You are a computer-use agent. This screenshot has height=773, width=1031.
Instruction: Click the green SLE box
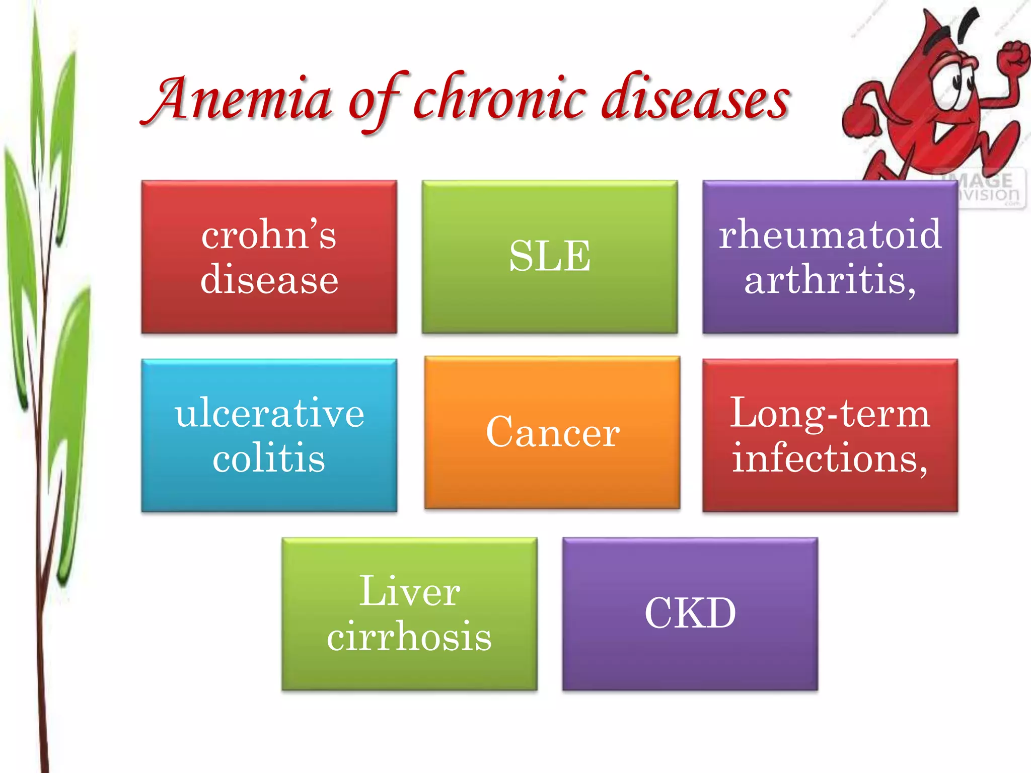pyautogui.click(x=550, y=257)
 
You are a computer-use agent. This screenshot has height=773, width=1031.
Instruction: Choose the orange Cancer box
pyautogui.click(x=552, y=433)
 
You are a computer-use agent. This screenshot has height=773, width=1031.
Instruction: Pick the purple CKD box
pyautogui.click(x=690, y=613)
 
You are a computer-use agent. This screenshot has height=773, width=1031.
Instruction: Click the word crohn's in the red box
pyautogui.click(x=269, y=235)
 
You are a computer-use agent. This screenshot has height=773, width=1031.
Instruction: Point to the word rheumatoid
pyautogui.click(x=830, y=235)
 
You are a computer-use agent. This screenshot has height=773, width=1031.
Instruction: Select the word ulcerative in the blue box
pyautogui.click(x=269, y=413)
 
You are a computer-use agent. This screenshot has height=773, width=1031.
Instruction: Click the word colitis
pyautogui.click(x=269, y=458)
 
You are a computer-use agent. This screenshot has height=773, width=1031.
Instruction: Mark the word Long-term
pyautogui.click(x=830, y=413)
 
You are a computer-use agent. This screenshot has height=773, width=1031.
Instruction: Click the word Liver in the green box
pyautogui.click(x=409, y=591)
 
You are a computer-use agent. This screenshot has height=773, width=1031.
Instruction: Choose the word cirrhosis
pyautogui.click(x=409, y=636)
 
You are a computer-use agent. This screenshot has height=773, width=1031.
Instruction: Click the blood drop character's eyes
pyautogui.click(x=954, y=86)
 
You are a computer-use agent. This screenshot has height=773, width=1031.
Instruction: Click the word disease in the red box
pyautogui.click(x=269, y=280)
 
